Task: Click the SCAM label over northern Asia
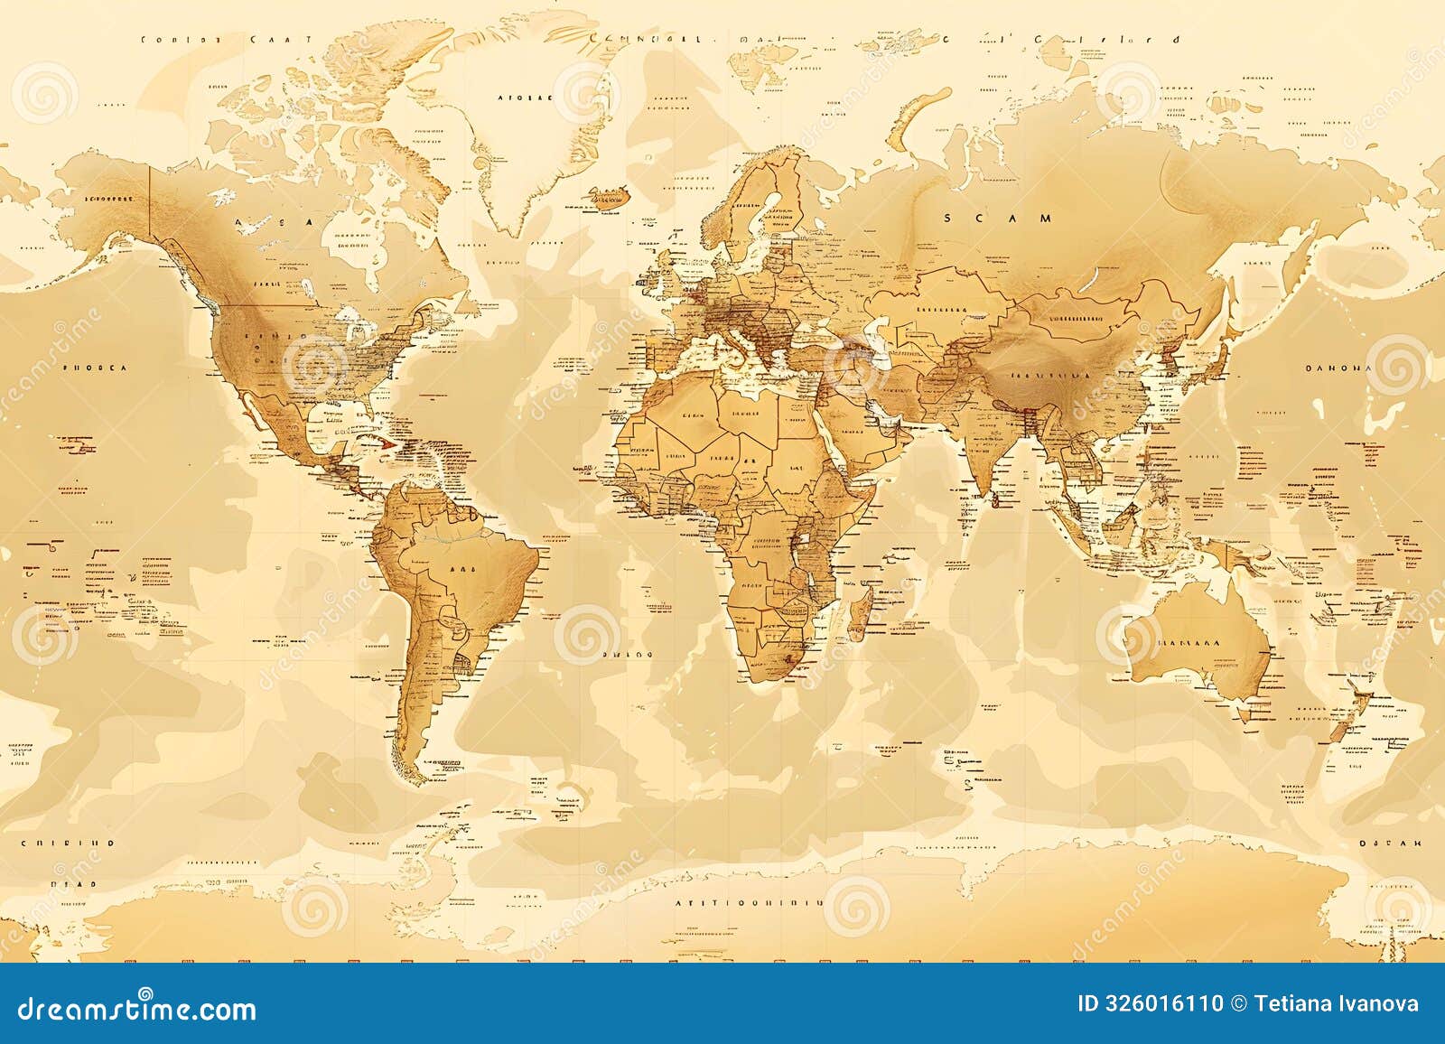999,218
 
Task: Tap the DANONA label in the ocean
1338,368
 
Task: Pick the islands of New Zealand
1346,713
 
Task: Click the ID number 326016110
1151,1003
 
